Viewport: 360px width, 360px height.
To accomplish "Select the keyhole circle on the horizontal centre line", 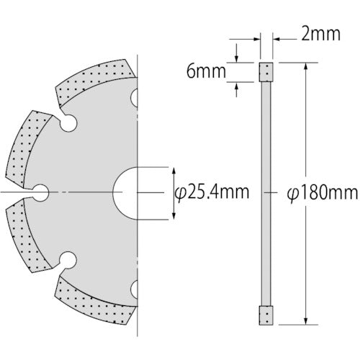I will coord(40,192).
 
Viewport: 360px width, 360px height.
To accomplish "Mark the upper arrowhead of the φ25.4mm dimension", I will coord(173,171).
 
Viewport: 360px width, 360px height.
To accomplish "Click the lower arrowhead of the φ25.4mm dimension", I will coord(173,215).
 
